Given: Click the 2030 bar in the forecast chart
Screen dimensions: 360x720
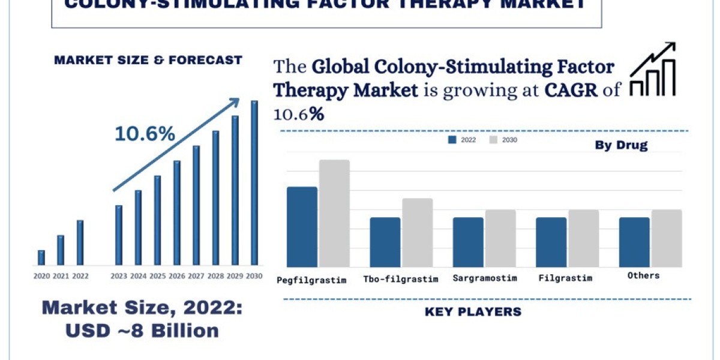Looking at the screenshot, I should (254, 183).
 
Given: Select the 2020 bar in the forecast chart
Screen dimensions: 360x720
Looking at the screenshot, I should (41, 257).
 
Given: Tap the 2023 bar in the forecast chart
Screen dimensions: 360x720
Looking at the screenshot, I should (119, 235).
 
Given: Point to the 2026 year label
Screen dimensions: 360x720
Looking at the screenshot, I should (177, 276).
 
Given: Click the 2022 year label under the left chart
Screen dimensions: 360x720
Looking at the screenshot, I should (80, 276).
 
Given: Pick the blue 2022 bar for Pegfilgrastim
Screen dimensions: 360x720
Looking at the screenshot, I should (302, 227).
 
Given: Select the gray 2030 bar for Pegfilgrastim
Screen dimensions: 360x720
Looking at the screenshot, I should (334, 214).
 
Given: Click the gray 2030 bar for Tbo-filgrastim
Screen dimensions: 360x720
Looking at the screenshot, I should (418, 233).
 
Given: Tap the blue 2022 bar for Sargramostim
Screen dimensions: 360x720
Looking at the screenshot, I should (468, 242).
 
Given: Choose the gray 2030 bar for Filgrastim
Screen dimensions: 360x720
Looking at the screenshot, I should (584, 238).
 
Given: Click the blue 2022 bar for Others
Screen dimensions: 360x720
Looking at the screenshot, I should (634, 242).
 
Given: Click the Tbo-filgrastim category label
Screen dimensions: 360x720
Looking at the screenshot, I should (401, 279).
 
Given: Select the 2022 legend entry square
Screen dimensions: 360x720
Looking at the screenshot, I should (452, 140).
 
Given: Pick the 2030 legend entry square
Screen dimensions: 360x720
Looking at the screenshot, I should (494, 140).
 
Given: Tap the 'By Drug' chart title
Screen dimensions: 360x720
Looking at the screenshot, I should (621, 145).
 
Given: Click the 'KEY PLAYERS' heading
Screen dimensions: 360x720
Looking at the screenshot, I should (473, 311).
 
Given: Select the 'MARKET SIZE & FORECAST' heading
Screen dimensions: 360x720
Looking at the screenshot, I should (148, 60).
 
